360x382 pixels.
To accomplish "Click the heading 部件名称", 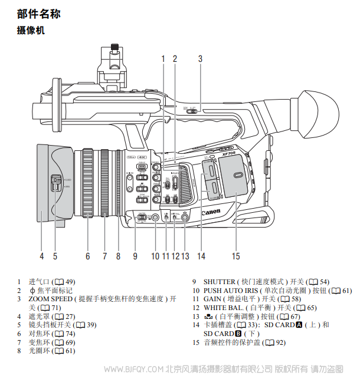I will coord(39,14).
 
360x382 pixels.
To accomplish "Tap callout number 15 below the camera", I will coord(236,256).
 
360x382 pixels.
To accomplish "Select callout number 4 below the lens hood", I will coord(42,256).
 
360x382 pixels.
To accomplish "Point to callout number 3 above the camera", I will coord(200,58).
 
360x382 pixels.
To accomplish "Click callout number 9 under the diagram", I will coord(135,256).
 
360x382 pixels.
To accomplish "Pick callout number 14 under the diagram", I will coord(201,256).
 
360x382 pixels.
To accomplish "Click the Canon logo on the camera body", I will coord(211,212).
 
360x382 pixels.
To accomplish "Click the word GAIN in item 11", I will coord(213,299).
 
